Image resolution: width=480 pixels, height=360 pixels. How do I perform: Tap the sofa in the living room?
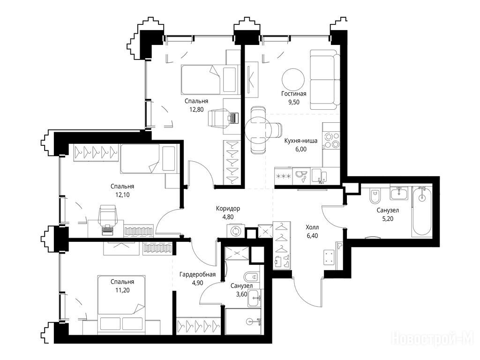click(325, 80)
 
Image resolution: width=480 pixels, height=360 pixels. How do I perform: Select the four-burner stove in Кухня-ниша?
click(332, 140)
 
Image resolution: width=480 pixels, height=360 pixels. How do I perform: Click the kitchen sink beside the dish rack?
click(319, 176)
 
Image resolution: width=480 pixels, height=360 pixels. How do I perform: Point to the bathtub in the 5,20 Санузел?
click(422, 211)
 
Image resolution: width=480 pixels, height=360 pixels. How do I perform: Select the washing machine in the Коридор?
click(236, 231)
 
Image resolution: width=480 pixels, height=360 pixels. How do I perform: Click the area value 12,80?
click(196, 109)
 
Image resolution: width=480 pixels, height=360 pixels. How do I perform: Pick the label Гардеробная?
click(197, 275)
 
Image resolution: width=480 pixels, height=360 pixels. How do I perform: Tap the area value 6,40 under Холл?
click(312, 236)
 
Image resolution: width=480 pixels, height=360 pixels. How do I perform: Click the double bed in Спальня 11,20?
click(121, 304)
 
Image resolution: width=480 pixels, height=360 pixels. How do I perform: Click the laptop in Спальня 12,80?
click(233, 117)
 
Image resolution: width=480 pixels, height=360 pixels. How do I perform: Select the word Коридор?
click(228, 209)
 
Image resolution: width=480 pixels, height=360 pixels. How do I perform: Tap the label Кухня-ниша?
click(300, 141)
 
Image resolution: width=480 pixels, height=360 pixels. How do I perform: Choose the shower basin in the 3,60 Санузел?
click(243, 322)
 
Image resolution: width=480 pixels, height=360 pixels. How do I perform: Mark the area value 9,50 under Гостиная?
click(293, 102)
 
